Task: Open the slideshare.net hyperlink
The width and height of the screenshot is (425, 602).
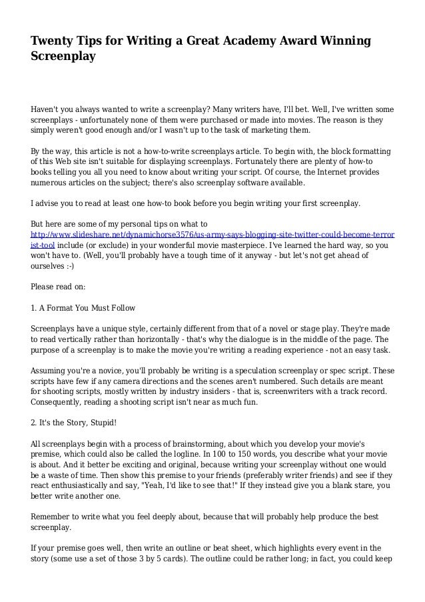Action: coord(212,235)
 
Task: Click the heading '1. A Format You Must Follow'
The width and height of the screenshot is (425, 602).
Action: coord(83,308)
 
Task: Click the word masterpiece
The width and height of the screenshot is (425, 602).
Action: coord(232,245)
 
